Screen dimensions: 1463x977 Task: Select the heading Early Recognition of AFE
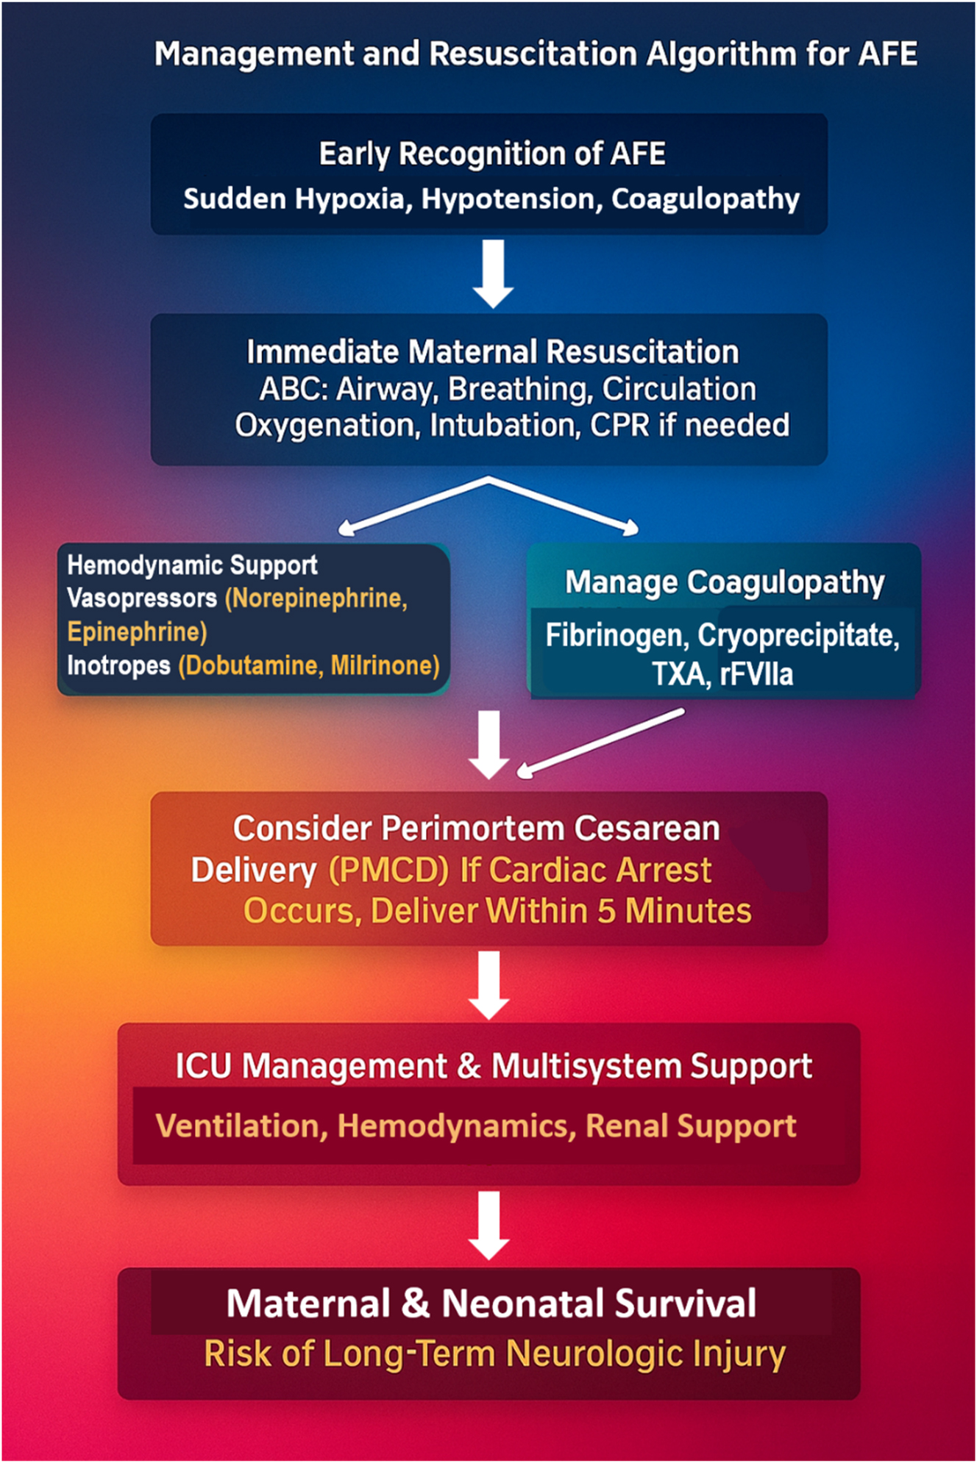point(492,154)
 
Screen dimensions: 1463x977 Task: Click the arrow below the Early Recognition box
point(492,273)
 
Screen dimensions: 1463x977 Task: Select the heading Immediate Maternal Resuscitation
point(492,352)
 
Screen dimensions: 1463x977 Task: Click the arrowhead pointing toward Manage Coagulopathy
point(630,527)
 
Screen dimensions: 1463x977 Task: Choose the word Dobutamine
point(251,665)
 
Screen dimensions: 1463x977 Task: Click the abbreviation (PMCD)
point(388,870)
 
